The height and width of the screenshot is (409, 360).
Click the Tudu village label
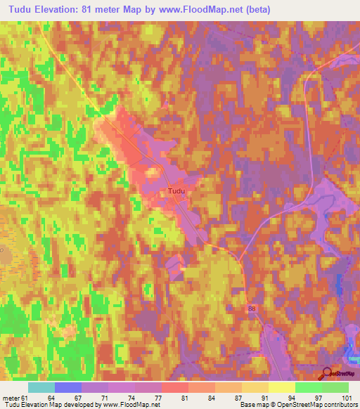click(x=177, y=190)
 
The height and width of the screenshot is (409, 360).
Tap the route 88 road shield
click(x=252, y=309)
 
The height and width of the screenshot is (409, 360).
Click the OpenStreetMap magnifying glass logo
click(x=326, y=374)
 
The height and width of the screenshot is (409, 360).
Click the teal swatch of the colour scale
click(x=41, y=387)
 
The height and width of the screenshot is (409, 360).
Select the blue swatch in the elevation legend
click(x=68, y=387)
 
